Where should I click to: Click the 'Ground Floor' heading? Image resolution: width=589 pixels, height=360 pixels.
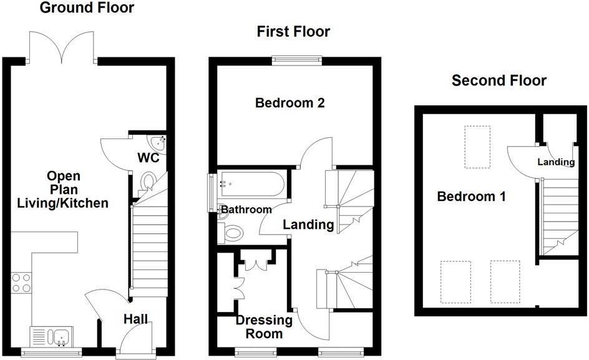tap(87, 8)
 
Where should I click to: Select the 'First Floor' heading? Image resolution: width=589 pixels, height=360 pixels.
tap(294, 31)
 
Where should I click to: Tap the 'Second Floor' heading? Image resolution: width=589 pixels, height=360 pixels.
tap(499, 80)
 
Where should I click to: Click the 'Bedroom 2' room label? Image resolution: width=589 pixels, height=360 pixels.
tap(290, 103)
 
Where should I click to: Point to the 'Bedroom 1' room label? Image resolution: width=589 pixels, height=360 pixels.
tap(471, 197)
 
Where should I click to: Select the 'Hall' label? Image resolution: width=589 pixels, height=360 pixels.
tap(135, 319)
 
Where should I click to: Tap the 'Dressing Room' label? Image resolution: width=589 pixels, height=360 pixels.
tap(264, 327)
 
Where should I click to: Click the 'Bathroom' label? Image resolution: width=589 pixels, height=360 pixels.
tap(246, 210)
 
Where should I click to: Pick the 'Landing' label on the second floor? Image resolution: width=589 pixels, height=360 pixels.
tap(556, 162)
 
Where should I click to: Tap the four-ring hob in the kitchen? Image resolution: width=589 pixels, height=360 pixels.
tap(21, 282)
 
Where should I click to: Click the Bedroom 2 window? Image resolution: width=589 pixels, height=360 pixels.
tap(297, 61)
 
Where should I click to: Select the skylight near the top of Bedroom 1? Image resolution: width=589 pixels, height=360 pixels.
tap(477, 147)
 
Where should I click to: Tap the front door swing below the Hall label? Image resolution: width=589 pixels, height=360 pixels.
tap(134, 341)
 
